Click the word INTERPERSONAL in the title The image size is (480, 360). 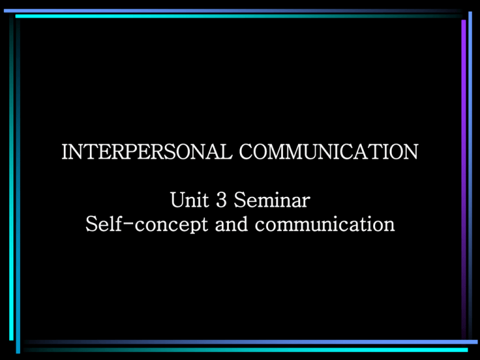(147, 151)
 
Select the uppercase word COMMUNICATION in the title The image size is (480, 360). (329, 151)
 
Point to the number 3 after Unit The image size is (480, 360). (221, 199)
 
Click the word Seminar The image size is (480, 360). (272, 199)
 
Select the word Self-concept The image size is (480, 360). (147, 224)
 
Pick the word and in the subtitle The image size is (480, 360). (231, 224)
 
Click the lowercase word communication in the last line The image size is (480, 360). (325, 224)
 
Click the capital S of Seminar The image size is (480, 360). (241, 199)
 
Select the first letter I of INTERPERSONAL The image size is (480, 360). (65, 151)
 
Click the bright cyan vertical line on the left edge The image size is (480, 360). (11, 177)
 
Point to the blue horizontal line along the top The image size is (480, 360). (232, 11)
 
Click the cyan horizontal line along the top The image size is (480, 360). (239, 16)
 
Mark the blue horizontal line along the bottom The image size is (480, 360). (251, 342)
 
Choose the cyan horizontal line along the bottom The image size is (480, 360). (246, 349)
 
